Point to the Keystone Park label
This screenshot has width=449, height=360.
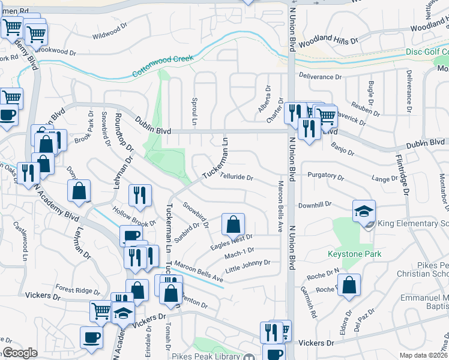point(354,254)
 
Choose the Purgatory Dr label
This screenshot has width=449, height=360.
point(325,177)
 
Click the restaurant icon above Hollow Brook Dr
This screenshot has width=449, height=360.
point(140,195)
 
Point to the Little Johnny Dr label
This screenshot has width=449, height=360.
point(248,265)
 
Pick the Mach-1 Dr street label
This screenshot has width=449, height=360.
point(240,252)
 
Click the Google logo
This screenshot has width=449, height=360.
point(20,353)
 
